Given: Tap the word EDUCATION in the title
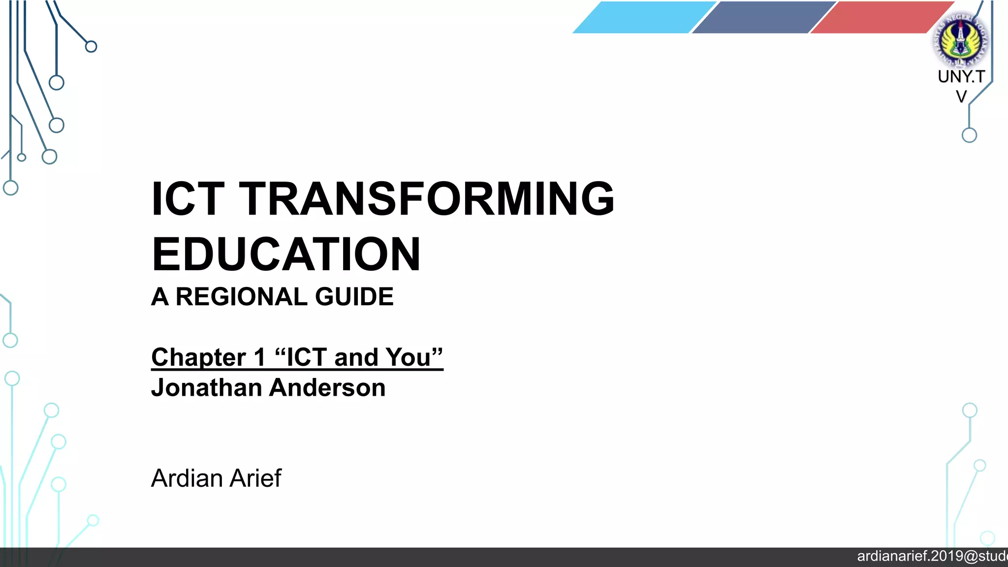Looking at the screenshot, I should click(x=286, y=254).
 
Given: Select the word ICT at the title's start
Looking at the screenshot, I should click(x=188, y=198).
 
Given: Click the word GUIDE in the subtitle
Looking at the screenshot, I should click(x=354, y=297).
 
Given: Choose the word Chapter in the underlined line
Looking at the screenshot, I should click(x=198, y=357).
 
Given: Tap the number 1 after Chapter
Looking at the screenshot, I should click(x=259, y=357).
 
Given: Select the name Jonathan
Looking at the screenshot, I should click(x=206, y=388).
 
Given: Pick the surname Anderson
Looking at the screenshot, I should click(x=327, y=388).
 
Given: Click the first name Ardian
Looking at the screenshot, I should click(x=187, y=478).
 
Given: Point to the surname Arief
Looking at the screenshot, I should click(x=256, y=478).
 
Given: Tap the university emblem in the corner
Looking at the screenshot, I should click(x=960, y=39).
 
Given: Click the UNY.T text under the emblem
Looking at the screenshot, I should click(x=961, y=77).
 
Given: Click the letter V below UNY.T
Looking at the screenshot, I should click(x=961, y=96).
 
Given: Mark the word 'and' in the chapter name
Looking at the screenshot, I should click(x=356, y=357).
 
